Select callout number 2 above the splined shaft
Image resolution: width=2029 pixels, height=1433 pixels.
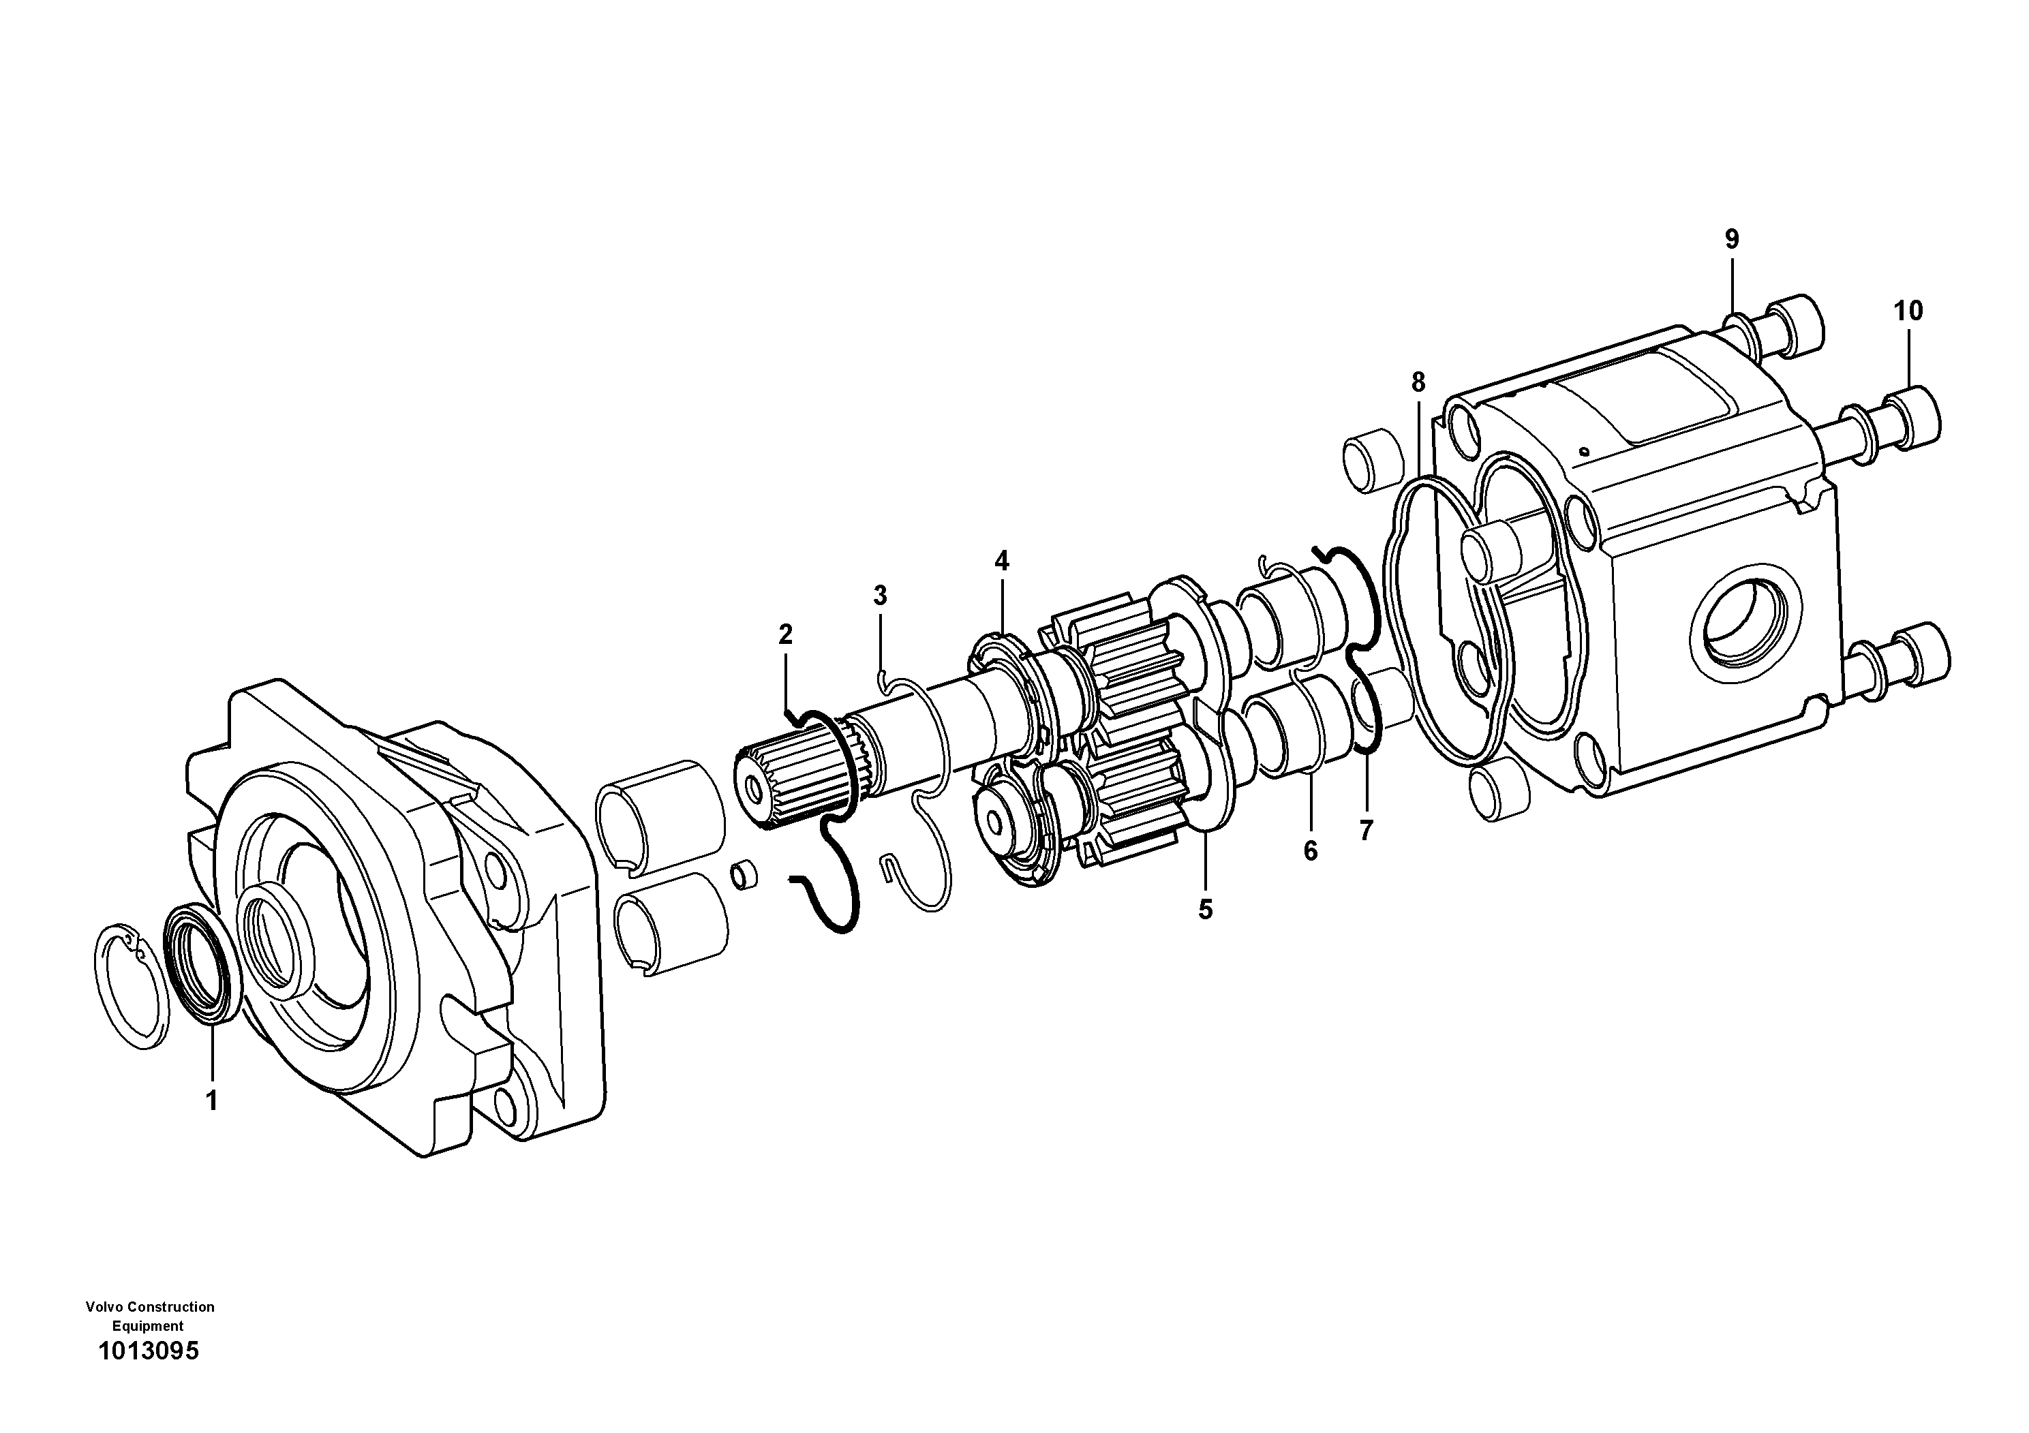[784, 634]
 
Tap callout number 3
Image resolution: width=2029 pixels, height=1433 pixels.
[879, 596]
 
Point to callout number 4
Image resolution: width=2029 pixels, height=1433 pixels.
[1001, 560]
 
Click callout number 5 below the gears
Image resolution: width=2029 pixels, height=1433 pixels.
[1206, 909]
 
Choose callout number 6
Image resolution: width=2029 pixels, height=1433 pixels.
[1310, 851]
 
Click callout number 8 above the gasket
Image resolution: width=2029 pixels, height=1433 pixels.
[1418, 382]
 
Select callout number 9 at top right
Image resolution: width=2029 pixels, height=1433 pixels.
[1731, 238]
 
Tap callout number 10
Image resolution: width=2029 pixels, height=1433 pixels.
[1908, 311]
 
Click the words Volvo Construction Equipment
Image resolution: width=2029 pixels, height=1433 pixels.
[149, 1316]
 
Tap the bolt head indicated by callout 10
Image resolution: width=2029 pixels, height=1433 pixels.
[1915, 416]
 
